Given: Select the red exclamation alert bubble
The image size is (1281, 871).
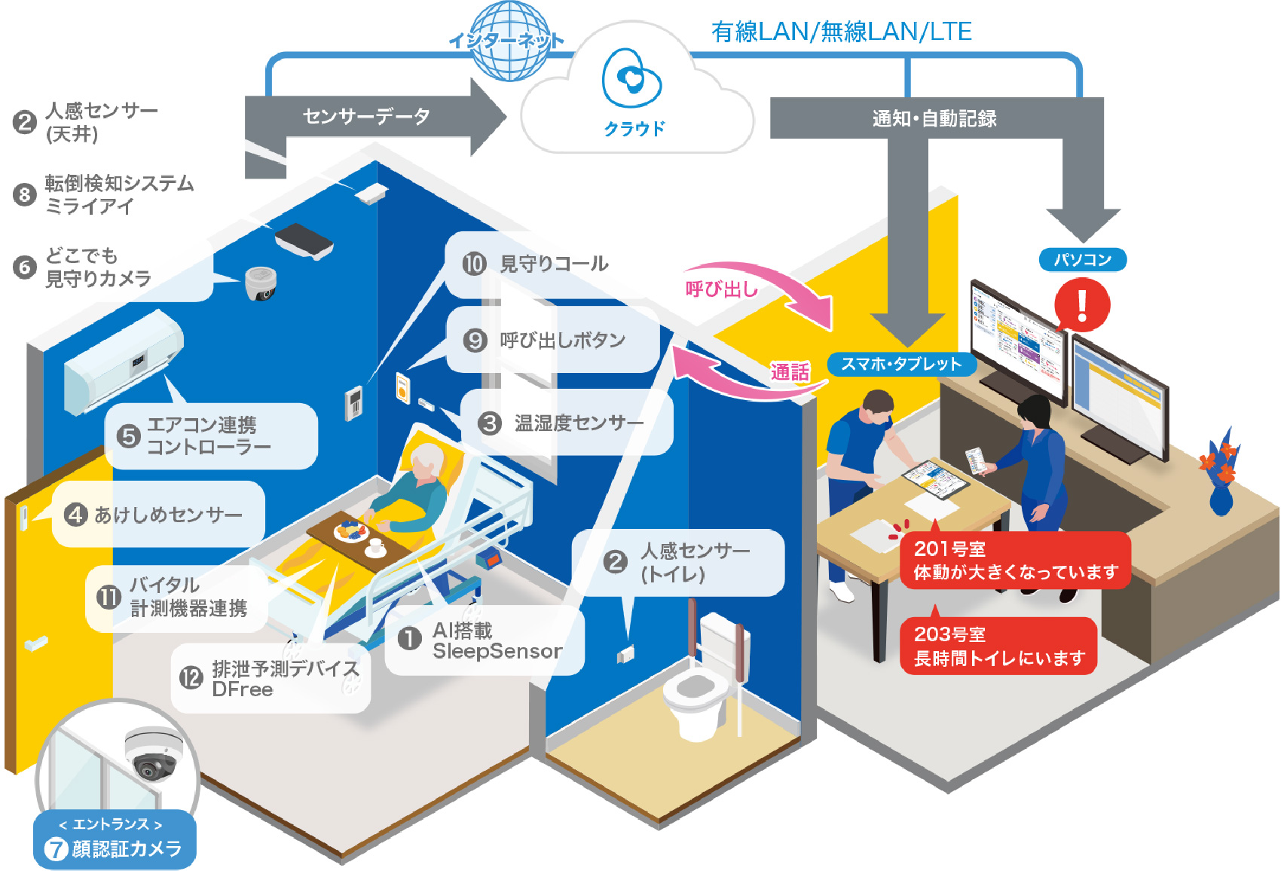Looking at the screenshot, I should (x=1081, y=305).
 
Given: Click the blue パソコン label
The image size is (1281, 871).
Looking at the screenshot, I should (x=1082, y=260).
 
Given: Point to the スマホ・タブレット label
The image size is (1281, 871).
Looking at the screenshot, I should (x=901, y=365).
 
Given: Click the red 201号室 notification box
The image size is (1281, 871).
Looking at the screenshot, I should (x=1014, y=561).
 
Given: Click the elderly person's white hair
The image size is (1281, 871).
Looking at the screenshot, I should (x=427, y=459).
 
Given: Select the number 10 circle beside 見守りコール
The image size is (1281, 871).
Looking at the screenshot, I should (x=474, y=264).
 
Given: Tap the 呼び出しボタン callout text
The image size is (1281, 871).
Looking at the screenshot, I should (x=562, y=341).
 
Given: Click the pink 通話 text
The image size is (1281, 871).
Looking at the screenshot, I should (x=789, y=372).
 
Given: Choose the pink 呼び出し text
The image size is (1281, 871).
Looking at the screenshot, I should (x=721, y=289).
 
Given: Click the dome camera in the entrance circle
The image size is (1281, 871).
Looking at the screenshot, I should (x=153, y=753).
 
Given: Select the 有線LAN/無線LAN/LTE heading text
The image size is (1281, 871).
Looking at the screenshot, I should (x=841, y=32).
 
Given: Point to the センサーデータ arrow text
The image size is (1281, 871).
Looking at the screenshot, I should (x=366, y=116).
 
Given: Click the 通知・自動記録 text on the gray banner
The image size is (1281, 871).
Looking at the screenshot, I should (x=934, y=118).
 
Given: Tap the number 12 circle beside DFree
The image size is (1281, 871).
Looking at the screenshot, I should (x=191, y=678).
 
